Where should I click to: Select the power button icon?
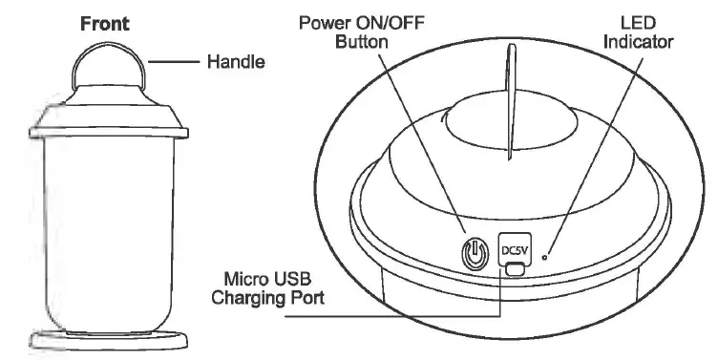coord(474,254)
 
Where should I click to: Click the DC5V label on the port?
coord(515,251)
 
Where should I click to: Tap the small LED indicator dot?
coord(545,256)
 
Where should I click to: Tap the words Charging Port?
coord(268,298)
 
